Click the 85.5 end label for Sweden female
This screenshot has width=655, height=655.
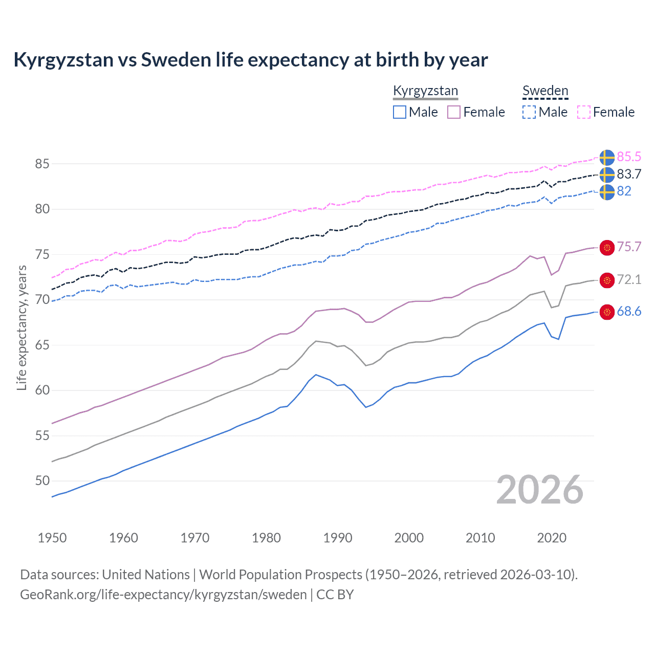pos(628,157)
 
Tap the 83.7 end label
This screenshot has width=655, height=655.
pos(628,174)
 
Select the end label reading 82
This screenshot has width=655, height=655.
pos(624,191)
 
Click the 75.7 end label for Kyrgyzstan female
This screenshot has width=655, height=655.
pos(628,247)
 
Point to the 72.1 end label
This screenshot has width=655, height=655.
pos(628,279)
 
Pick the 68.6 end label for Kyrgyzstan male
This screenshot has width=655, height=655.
pos(628,312)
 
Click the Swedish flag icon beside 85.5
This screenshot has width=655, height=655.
pos(606,158)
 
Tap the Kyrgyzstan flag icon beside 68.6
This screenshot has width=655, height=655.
pos(607,312)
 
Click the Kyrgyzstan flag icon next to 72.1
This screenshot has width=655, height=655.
pos(607,280)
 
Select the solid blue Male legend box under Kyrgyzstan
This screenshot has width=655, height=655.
pos(400,112)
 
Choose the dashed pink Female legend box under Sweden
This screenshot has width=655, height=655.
pos(584,112)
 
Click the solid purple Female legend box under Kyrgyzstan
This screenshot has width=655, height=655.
pos(454,112)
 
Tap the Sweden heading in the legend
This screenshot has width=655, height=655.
pos(545,91)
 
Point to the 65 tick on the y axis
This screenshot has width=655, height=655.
pos(42,345)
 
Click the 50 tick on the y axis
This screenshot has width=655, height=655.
pos(42,481)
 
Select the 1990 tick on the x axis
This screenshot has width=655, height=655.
pos(338,538)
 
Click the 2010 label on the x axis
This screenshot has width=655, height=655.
pos(480,538)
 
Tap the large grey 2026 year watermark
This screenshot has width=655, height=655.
pos(539,490)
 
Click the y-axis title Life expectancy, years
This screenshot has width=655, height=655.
pos(21,327)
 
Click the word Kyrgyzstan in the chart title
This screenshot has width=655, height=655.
pos(63,60)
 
